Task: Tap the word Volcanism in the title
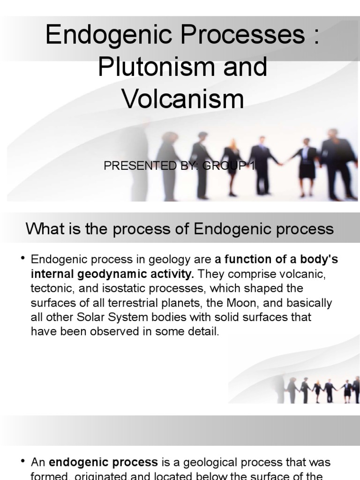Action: tap(183, 99)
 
